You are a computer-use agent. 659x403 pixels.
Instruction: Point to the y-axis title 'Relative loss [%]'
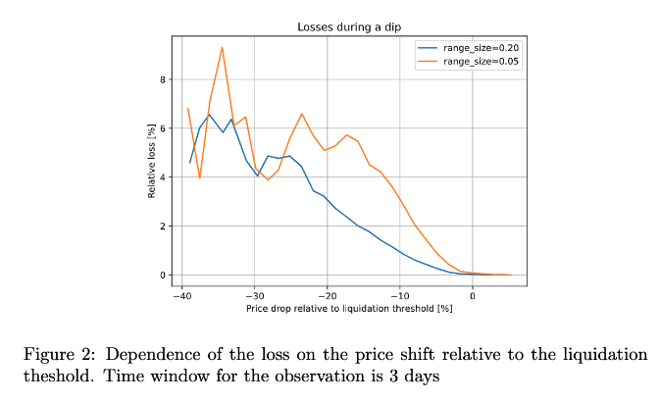[x=152, y=161]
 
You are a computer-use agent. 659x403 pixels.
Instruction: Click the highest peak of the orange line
[x=223, y=47]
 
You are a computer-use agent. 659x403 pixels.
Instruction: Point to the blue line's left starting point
[x=189, y=163]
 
